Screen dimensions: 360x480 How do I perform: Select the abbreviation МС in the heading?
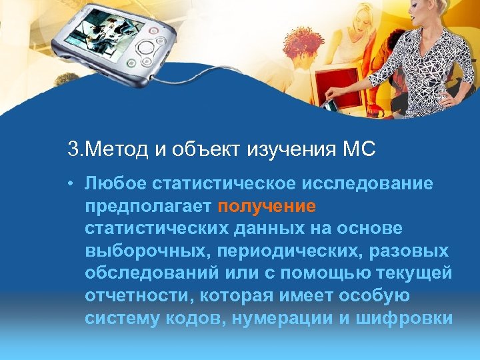click(x=360, y=149)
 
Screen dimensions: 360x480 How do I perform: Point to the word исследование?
click(x=368, y=183)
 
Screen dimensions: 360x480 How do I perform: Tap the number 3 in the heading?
click(x=72, y=149)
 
